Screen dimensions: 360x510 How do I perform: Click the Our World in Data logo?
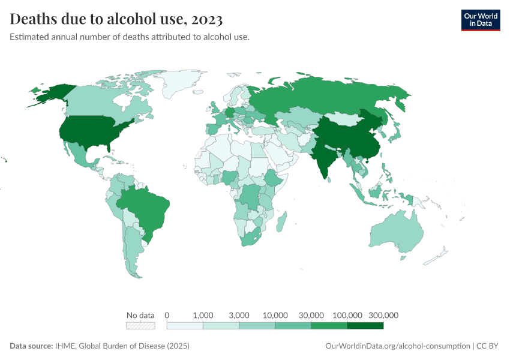tap(480, 20)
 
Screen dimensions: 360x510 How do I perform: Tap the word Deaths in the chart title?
tap(33, 19)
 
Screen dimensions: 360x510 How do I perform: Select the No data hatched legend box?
tap(140, 326)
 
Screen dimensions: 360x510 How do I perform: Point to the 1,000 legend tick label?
tap(203, 315)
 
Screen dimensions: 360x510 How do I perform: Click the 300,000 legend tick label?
tap(383, 315)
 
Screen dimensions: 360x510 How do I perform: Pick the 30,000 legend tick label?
tap(311, 315)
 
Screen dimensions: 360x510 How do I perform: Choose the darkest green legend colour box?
tap(365, 326)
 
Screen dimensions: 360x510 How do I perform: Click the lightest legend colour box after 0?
tap(185, 326)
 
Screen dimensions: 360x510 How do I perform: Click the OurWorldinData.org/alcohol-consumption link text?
tap(397, 346)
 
